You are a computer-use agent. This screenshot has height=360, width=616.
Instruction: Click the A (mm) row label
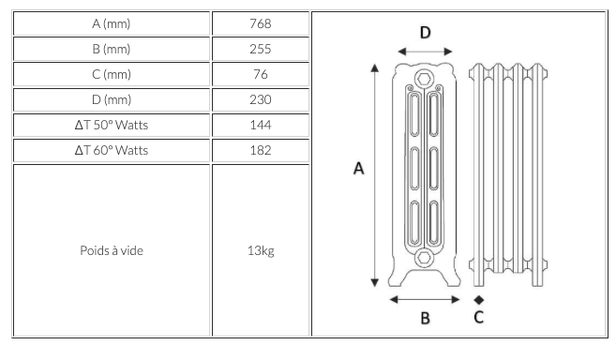pos(112,24)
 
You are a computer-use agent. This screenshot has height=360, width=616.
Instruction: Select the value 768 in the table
pos(261,23)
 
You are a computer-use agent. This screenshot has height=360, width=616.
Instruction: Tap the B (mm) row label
pos(112,49)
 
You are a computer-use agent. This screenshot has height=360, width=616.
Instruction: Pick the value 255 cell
pos(261,49)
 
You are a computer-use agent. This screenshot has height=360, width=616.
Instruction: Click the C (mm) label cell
pos(112,74)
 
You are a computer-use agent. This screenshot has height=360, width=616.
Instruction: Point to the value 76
pos(261,74)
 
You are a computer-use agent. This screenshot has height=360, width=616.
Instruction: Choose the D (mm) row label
pos(112,99)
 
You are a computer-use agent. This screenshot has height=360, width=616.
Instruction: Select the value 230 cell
pos(261,99)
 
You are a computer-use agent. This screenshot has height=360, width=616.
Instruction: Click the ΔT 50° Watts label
pos(112,125)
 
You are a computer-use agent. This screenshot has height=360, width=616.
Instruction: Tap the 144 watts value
pos(261,125)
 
